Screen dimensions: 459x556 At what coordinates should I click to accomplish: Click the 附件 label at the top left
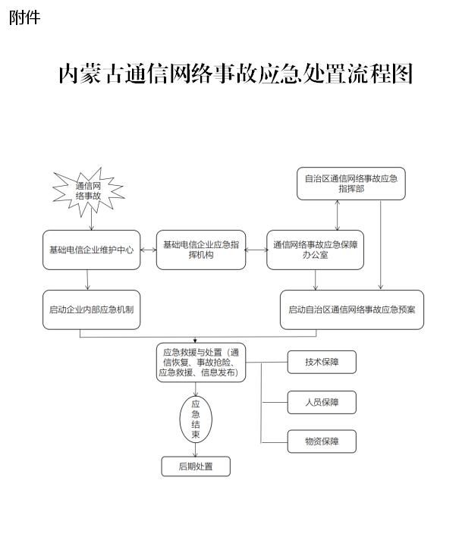(24, 17)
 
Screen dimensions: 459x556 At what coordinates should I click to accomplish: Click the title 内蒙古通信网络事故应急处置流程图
(236, 74)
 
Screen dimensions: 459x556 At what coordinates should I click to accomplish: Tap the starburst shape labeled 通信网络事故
(89, 192)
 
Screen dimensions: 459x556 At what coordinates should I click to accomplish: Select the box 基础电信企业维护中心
(92, 250)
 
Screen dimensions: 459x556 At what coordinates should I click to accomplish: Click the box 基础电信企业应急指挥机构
(201, 250)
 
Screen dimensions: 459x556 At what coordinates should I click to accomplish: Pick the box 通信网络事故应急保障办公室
(315, 250)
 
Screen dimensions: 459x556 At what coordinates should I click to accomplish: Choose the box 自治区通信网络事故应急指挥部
(351, 184)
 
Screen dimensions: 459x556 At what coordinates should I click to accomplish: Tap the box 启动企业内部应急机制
(92, 309)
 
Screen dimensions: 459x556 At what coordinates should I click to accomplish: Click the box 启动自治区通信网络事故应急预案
(352, 309)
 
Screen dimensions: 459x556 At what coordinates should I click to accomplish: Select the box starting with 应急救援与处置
(201, 363)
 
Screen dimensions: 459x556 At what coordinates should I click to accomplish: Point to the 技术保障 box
(322, 362)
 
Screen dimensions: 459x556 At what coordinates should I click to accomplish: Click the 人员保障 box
(322, 402)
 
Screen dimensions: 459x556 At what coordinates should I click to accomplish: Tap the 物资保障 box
(322, 441)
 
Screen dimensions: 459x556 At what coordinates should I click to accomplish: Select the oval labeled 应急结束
(196, 419)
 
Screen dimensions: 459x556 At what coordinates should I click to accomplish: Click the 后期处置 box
(196, 466)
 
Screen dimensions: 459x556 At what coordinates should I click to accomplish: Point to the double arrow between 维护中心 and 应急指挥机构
(148, 250)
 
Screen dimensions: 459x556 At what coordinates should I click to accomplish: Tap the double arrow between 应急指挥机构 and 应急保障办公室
(256, 250)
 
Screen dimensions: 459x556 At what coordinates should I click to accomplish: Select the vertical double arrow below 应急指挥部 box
(338, 215)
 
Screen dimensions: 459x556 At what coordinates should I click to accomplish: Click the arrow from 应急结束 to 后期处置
(196, 450)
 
